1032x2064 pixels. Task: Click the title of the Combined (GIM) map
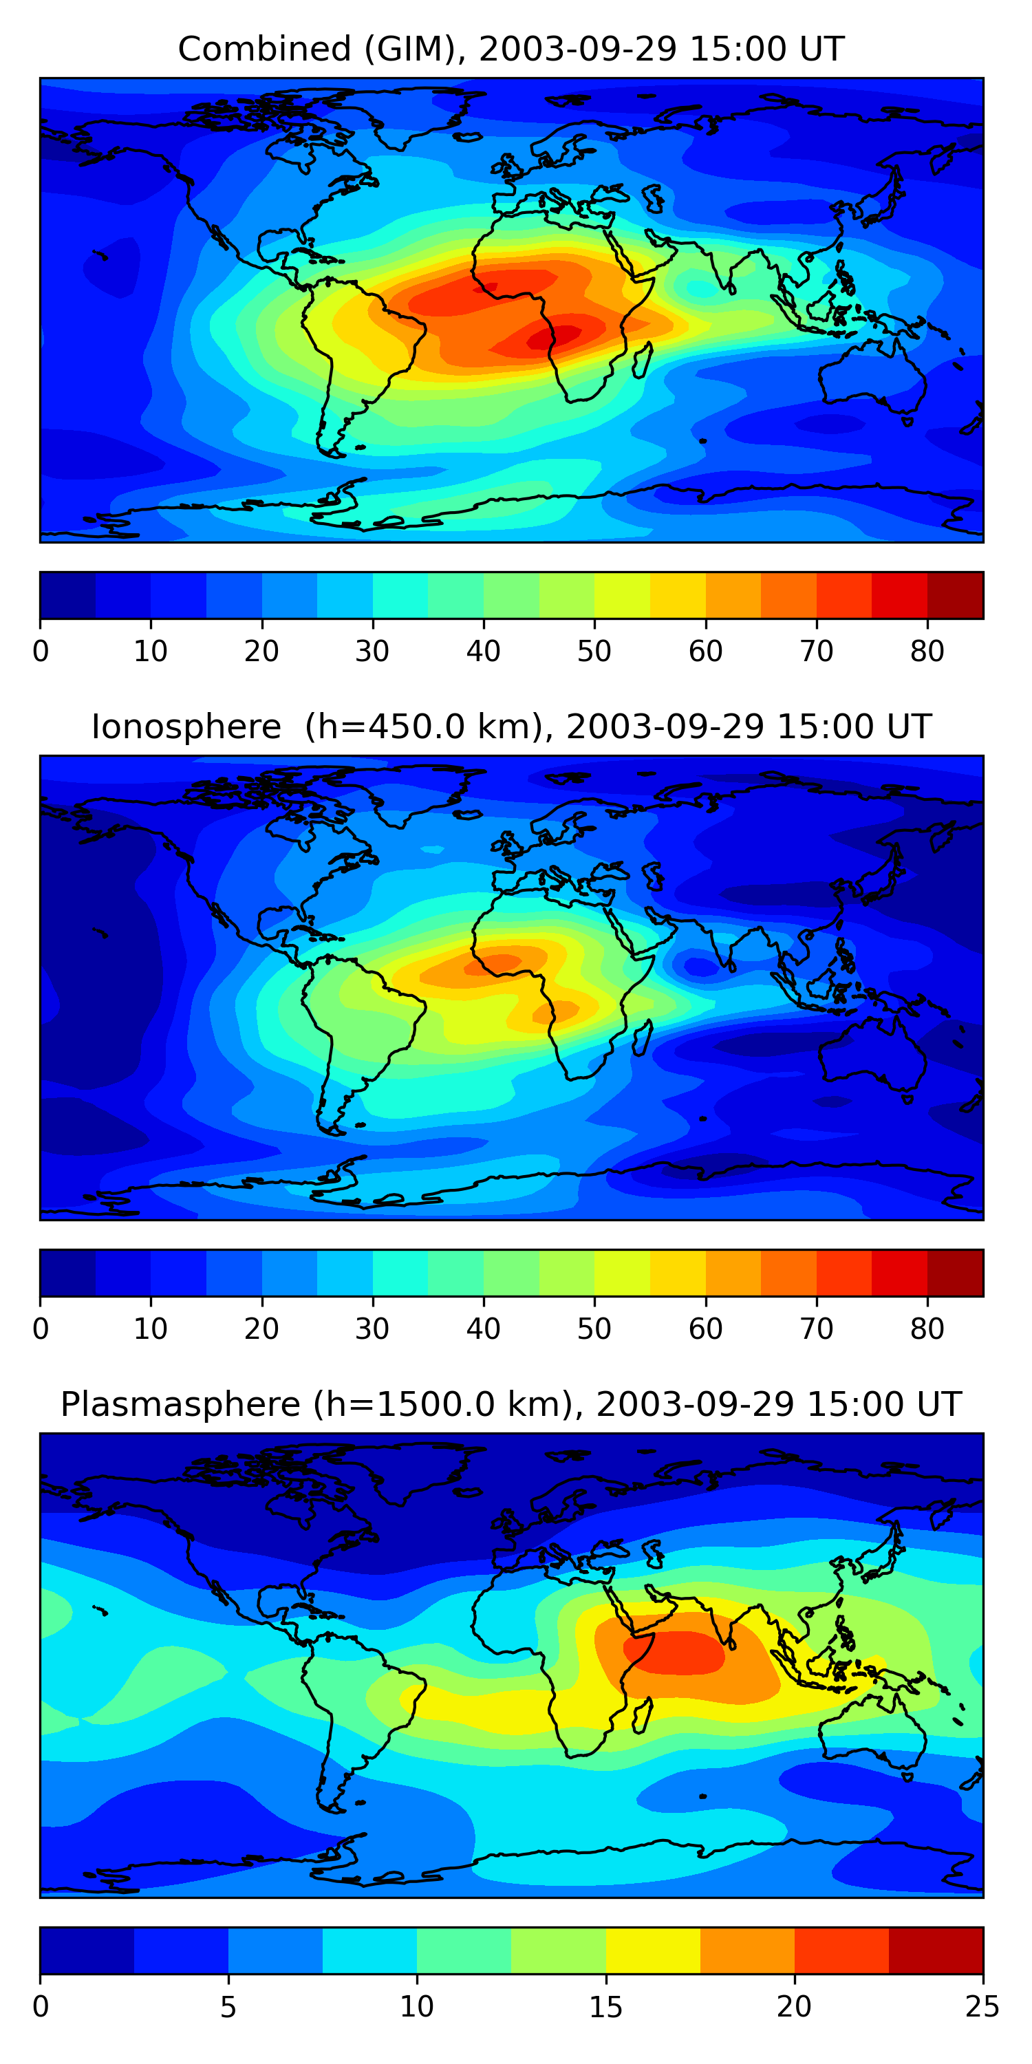click(511, 49)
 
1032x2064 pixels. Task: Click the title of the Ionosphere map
click(511, 727)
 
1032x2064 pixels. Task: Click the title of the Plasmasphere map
click(511, 1405)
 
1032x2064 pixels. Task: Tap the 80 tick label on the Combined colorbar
click(927, 652)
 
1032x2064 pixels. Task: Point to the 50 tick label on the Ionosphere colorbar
click(594, 1329)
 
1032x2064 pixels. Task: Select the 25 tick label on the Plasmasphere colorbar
click(982, 2007)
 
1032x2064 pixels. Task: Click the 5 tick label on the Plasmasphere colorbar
click(228, 2007)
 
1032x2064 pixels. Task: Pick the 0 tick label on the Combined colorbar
click(41, 652)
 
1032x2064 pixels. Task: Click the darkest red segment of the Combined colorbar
click(955, 595)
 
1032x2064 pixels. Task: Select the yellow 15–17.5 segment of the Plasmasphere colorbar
click(653, 1951)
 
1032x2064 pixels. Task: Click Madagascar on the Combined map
click(643, 361)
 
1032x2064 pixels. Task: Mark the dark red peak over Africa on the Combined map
click(553, 337)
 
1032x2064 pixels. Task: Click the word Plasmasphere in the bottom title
click(180, 1405)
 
